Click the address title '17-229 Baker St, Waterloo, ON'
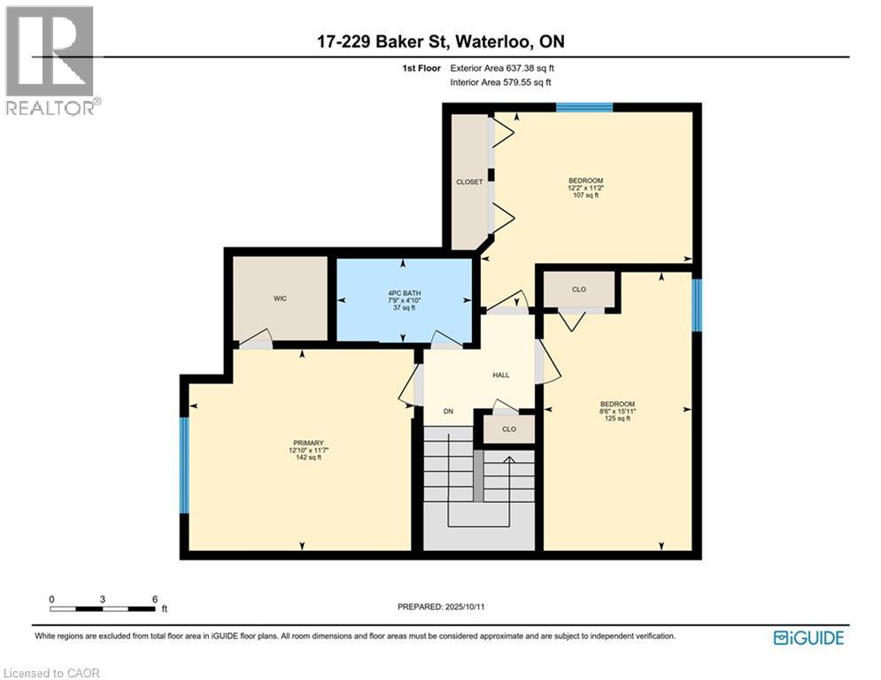440,42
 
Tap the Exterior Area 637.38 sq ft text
502,67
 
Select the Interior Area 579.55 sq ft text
501,82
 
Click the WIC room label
280,298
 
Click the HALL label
501,375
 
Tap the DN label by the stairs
449,411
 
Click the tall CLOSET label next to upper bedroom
469,182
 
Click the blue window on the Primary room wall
184,465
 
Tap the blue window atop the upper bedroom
584,107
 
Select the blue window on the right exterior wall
697,305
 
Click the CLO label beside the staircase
509,429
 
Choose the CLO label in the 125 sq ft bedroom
578,289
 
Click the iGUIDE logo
808,637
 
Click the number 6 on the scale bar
155,599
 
